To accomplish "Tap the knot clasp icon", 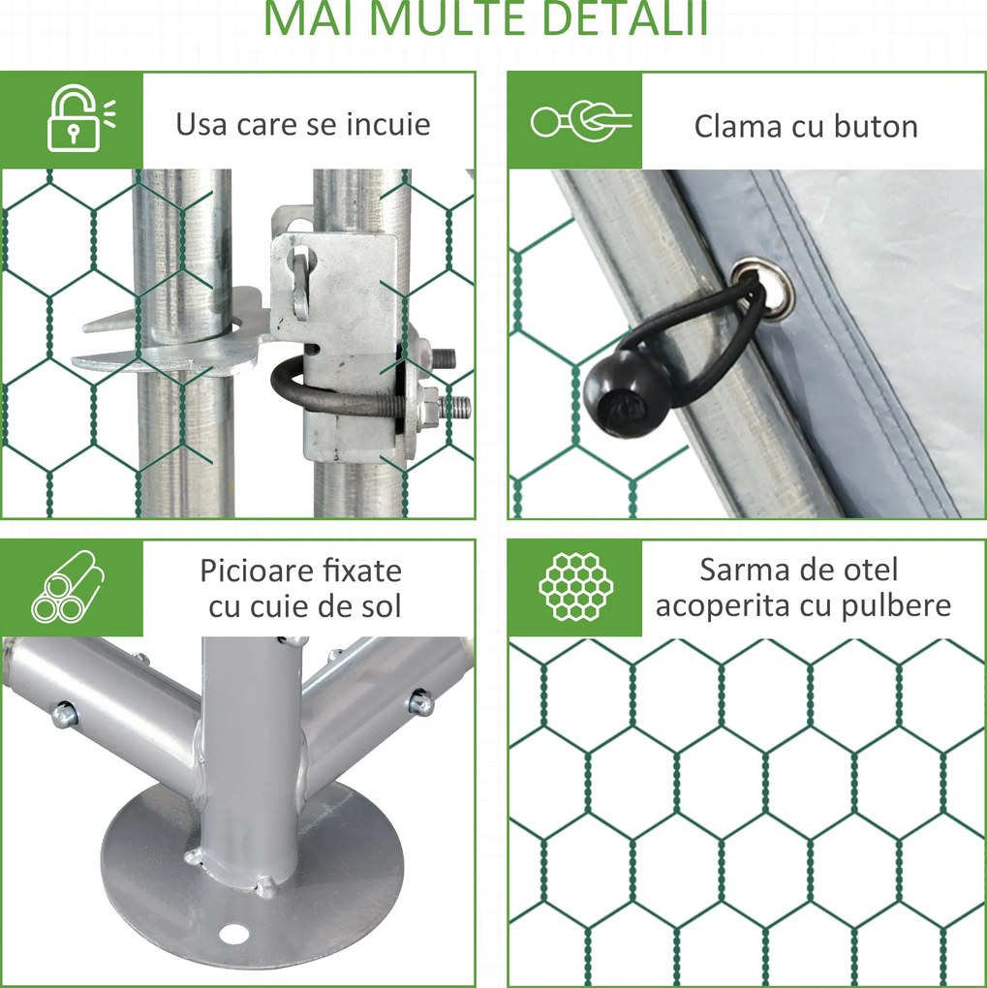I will click(x=580, y=121).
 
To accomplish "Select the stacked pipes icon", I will click(x=68, y=588).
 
